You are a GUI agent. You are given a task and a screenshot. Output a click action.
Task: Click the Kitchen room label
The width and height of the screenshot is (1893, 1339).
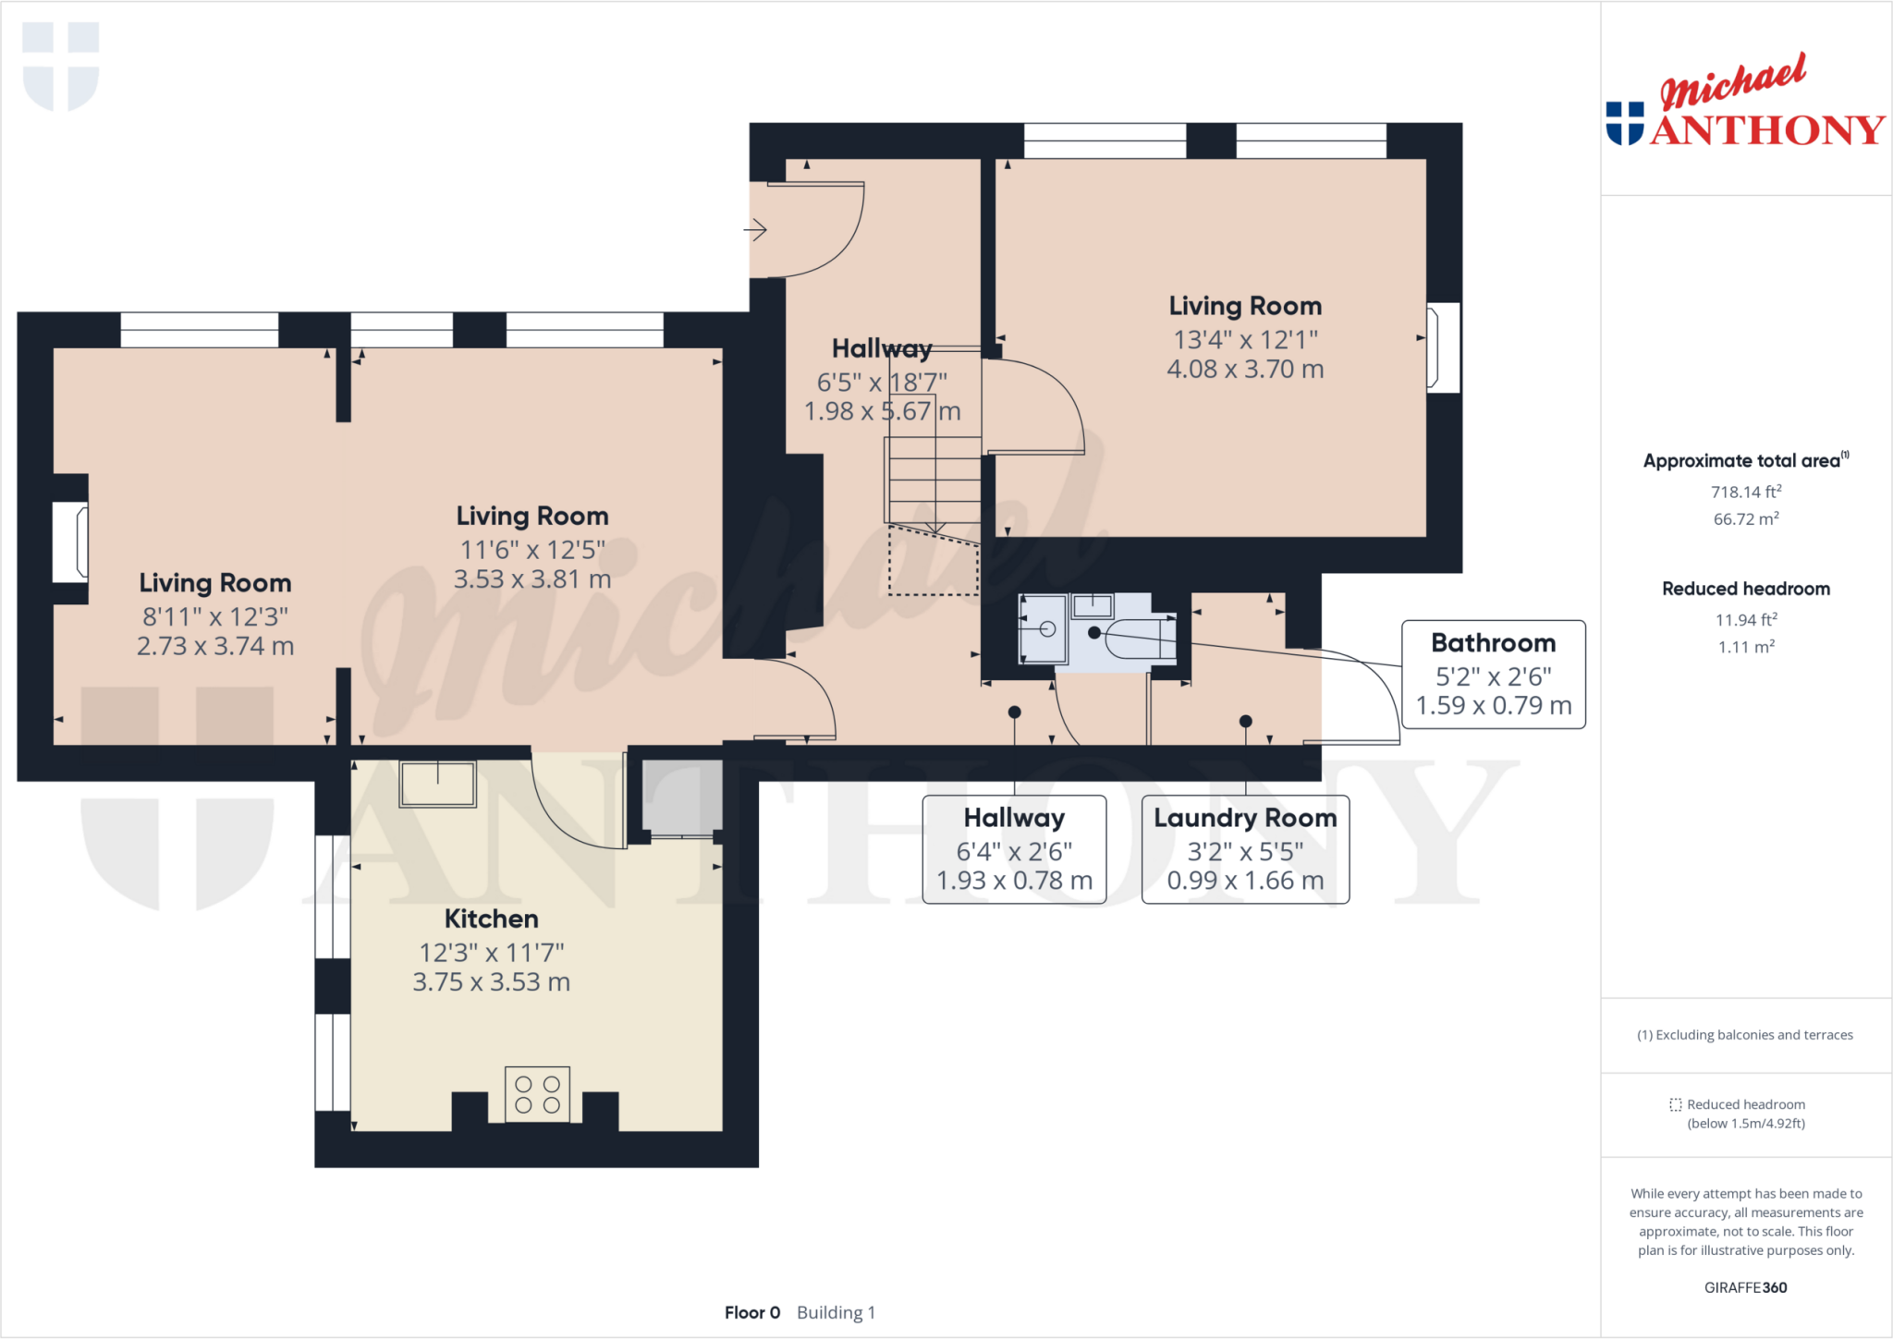point(491,919)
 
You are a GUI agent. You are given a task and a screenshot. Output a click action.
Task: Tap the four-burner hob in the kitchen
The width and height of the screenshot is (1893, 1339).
point(537,1094)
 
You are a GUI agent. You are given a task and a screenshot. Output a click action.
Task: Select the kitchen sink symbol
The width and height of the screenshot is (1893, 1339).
point(437,785)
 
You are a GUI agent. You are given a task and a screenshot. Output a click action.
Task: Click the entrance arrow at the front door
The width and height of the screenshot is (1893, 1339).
point(756,229)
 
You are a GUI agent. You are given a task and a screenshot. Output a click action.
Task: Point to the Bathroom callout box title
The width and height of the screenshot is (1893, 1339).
point(1493,643)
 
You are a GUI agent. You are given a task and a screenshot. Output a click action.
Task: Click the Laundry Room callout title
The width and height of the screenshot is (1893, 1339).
point(1245,818)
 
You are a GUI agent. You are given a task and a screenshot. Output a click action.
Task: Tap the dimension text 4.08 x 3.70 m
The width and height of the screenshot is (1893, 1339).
point(1245,370)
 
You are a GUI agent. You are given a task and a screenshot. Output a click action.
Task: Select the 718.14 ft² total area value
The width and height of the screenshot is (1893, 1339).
point(1745,493)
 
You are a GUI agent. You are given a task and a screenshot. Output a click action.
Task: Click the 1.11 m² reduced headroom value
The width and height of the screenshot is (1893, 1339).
point(1745,647)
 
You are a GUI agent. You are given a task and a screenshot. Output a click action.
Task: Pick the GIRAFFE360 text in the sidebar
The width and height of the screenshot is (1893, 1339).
point(1745,1287)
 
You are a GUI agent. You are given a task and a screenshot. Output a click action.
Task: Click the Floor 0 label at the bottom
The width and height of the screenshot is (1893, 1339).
point(752,1312)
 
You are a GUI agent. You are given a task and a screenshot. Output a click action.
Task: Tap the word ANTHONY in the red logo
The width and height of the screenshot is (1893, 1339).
point(1767,130)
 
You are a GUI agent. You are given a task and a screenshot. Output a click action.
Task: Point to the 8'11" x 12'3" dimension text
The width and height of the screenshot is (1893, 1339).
point(215,616)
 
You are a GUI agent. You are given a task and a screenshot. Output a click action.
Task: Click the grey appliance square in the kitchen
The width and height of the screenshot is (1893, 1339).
point(682,796)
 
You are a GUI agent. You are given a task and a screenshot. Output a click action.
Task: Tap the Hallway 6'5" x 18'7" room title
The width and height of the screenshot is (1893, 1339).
point(881,348)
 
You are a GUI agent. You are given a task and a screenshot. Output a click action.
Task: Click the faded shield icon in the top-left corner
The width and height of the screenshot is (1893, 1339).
point(61,67)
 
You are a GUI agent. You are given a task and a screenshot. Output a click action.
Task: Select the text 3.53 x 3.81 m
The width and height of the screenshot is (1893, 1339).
point(532,579)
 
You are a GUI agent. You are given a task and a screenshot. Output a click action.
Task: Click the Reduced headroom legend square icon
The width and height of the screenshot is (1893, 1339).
point(1675,1104)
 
